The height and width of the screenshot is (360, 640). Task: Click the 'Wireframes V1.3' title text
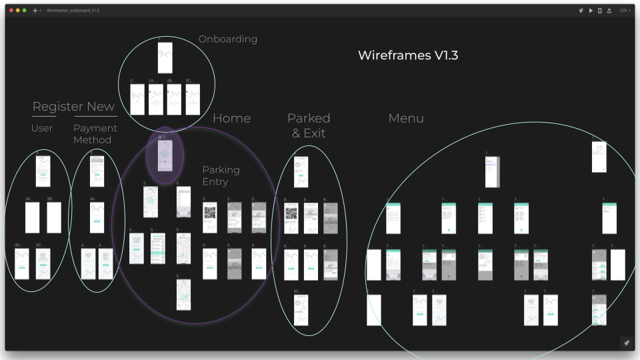pos(408,55)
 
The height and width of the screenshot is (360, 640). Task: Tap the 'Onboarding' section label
pos(228,39)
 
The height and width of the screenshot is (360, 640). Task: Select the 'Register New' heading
pos(73,107)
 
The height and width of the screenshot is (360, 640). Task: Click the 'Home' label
pos(231,119)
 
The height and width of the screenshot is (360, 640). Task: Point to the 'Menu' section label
pos(406,119)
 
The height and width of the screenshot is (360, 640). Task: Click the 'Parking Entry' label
pos(221,176)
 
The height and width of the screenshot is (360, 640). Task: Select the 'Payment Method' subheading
pos(95,134)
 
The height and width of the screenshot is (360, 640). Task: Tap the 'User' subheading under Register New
pos(42,128)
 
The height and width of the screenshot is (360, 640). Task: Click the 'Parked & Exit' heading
pos(309,125)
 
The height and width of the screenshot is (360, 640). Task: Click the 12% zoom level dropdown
pos(624,11)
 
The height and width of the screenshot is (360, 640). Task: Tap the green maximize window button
pos(25,11)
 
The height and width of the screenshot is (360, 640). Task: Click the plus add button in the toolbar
pos(35,11)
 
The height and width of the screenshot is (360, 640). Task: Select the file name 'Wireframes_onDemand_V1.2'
pos(73,11)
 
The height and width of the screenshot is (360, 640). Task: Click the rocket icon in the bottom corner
pos(626,343)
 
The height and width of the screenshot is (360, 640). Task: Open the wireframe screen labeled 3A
pos(33,217)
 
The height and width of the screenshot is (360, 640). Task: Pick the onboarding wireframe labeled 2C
pos(193,99)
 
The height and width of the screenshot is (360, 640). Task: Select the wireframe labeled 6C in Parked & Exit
pos(301,311)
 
